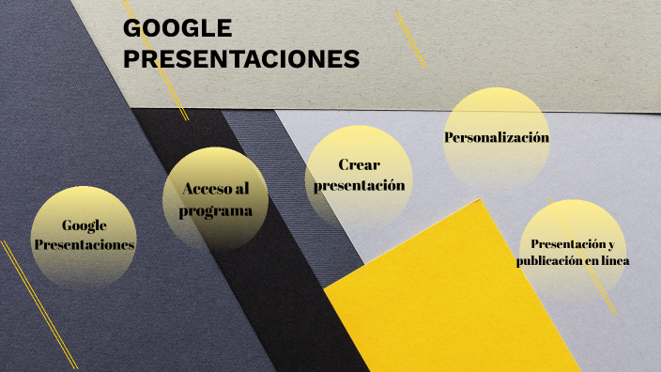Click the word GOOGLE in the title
pos(177,29)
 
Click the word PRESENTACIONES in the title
pos(241,59)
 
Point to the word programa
pos(216,210)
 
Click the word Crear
pos(359,164)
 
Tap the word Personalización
pos(496,138)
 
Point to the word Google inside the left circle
pos(85,225)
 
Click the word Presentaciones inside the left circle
pos(85,244)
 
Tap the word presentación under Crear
pos(359,185)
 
